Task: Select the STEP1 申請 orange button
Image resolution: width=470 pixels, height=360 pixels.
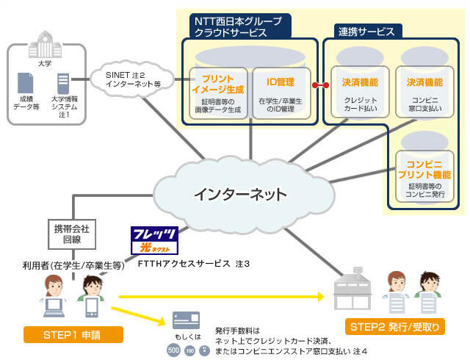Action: coord(73,335)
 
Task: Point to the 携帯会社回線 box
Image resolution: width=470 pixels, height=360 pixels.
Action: coord(71,233)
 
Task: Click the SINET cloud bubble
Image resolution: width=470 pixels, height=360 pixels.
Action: coord(133,75)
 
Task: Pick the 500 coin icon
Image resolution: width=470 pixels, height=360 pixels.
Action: coord(173,351)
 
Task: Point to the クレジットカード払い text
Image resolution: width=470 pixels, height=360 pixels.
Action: coord(360,105)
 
